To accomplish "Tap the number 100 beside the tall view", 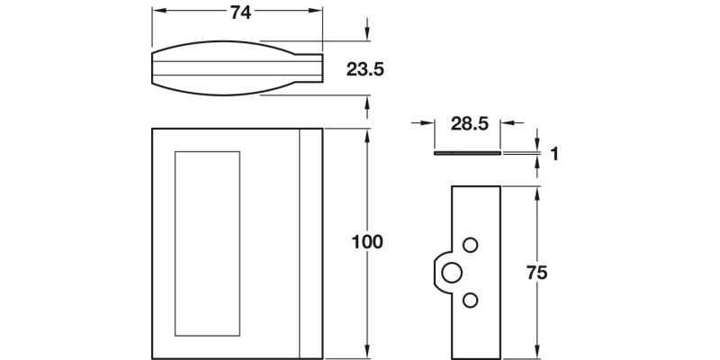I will (367, 242).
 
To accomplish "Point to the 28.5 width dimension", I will (467, 125).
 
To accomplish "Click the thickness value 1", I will (555, 155).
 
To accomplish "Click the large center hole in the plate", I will (453, 271).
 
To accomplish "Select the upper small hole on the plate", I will (470, 245).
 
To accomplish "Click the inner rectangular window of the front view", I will (208, 243).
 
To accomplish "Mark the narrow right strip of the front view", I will (310, 243).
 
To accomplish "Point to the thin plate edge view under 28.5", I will (466, 154).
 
